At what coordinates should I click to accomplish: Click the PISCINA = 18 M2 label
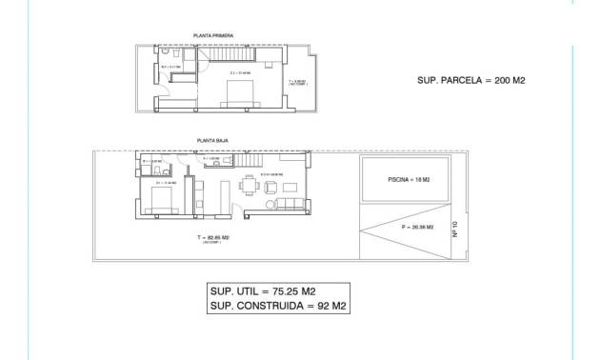coord(410,180)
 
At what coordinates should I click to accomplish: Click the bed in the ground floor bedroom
coord(160,200)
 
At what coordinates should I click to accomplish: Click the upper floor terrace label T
coord(296,82)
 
